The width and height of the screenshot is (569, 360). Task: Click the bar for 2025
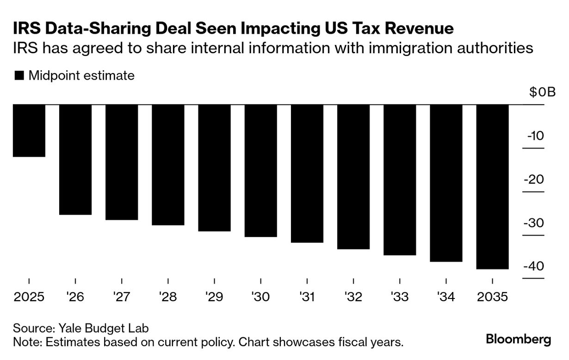tap(29, 130)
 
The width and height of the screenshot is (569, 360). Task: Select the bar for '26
tap(75, 160)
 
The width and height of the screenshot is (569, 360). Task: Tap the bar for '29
tap(214, 168)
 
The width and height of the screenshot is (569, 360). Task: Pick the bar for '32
tap(353, 177)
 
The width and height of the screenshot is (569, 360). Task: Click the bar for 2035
tap(492, 186)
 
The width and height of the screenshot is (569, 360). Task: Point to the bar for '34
tap(446, 183)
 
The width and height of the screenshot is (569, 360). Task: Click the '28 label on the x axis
tap(168, 297)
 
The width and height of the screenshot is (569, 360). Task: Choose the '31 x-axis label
tap(307, 297)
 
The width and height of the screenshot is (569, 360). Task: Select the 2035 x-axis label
tap(492, 297)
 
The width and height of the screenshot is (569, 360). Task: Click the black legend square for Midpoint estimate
tap(19, 76)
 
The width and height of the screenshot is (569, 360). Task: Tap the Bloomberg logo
tap(519, 339)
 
